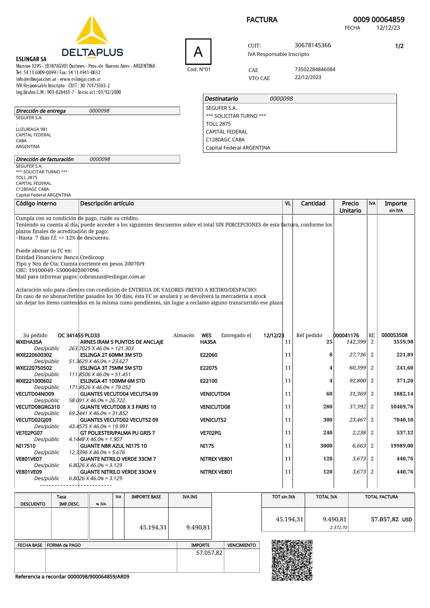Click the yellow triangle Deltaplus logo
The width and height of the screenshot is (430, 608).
(92, 31)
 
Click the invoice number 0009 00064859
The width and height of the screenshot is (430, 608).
(379, 20)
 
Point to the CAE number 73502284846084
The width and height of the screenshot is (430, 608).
(315, 69)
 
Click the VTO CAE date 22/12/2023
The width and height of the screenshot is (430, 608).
(308, 77)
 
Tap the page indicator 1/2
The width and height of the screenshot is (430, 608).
(399, 46)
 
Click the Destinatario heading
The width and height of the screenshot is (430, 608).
(221, 99)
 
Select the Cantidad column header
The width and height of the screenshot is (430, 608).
(313, 203)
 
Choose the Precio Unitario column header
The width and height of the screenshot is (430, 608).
(350, 207)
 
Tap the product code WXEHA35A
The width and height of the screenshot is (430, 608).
(29, 342)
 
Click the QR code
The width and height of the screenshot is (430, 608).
(292, 560)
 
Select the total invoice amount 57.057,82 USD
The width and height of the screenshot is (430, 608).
(391, 519)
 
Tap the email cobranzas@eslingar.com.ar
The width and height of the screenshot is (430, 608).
(112, 277)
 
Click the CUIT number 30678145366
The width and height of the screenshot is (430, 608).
(313, 45)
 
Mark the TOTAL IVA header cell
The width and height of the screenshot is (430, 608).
(326, 497)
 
